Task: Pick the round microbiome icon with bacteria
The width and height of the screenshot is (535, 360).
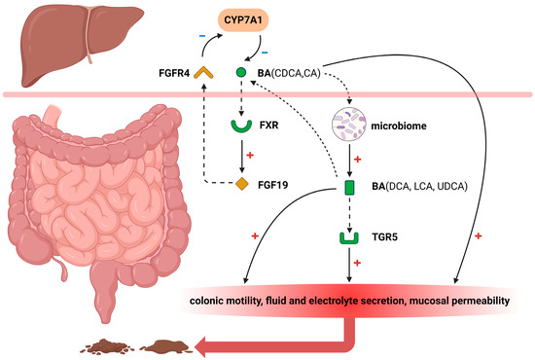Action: point(350,126)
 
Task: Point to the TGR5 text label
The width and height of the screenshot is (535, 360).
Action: point(384,236)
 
